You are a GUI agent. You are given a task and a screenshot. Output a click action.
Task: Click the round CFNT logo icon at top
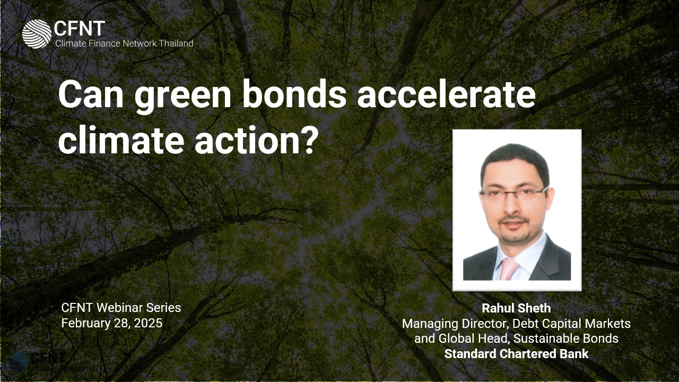[x=36, y=34]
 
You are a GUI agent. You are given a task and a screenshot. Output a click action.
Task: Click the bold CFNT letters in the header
[x=80, y=29]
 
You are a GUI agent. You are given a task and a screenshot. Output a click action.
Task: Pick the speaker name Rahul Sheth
[x=516, y=308]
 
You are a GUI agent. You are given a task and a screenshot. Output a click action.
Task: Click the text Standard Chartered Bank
[x=516, y=354]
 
